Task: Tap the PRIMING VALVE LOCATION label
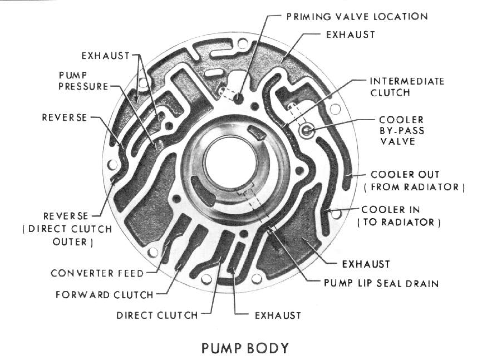pos(357,16)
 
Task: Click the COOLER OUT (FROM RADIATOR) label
pos(414,180)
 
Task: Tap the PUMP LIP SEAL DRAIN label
pos(381,283)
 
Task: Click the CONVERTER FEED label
pos(97,273)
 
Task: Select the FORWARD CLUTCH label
pos(104,294)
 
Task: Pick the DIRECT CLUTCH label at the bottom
pos(156,315)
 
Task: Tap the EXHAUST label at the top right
pos(350,34)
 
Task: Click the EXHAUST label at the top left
pos(105,56)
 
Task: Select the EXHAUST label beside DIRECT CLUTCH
pos(277,315)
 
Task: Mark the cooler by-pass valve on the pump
pos(307,131)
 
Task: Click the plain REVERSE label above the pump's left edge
pos(65,117)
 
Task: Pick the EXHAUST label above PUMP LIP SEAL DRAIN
pos(366,263)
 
